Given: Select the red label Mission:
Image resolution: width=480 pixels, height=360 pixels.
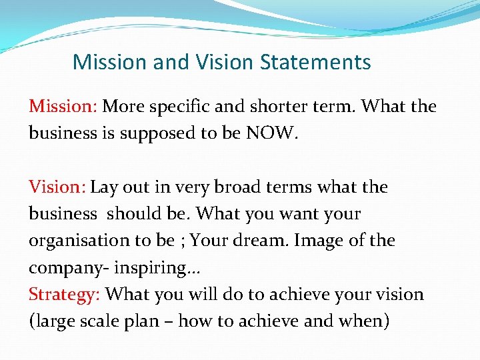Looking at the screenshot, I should click(x=63, y=106).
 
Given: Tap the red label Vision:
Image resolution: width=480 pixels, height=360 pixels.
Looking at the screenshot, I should click(x=57, y=187).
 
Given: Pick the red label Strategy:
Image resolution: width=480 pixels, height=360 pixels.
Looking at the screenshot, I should click(x=65, y=294).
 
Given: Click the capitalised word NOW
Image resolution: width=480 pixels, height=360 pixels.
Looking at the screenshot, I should click(x=269, y=133).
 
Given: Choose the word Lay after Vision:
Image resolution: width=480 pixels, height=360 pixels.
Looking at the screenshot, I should click(x=103, y=187).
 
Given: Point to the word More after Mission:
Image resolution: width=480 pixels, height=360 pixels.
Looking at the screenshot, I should click(x=122, y=106).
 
